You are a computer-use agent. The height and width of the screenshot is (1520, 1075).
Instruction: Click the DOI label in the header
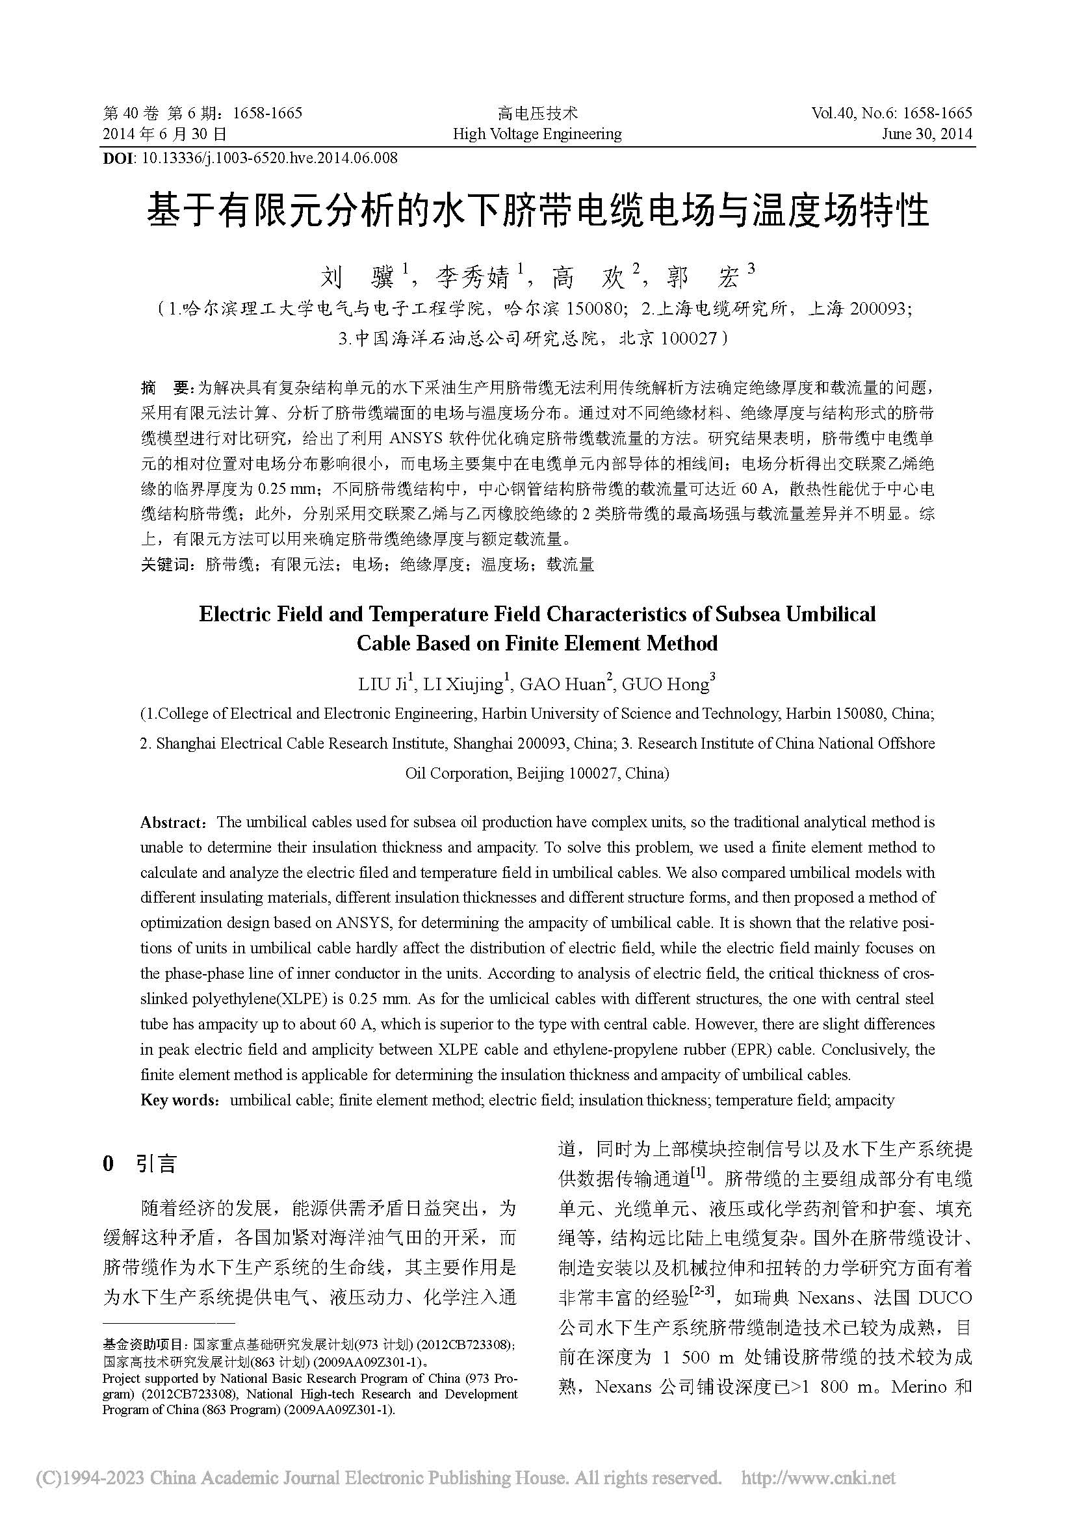(x=117, y=157)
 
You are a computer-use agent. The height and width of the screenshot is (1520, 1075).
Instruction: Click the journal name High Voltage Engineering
(x=537, y=135)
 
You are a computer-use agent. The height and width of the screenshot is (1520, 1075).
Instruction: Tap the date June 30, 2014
(x=926, y=135)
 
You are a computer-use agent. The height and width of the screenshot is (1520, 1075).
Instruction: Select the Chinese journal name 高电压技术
(x=537, y=113)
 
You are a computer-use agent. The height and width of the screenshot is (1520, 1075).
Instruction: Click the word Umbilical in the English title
(x=831, y=613)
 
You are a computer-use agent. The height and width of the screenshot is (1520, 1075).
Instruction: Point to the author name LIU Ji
(x=383, y=684)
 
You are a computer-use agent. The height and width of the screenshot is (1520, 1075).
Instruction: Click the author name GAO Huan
(x=563, y=684)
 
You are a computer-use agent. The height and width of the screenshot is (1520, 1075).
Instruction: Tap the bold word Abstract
(x=172, y=822)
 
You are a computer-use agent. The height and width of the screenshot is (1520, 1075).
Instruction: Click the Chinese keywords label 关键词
(x=165, y=565)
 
